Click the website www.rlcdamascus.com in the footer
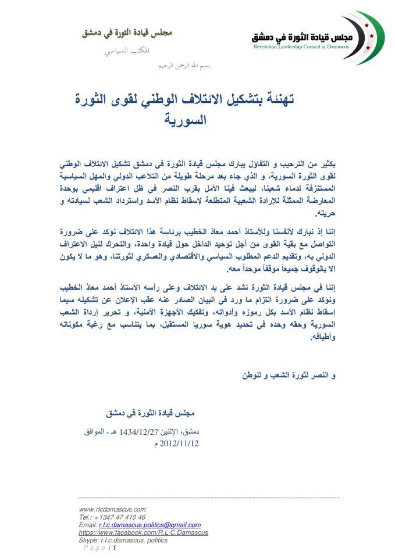(112, 509)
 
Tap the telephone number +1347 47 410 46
(112, 517)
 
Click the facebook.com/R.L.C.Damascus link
(143, 532)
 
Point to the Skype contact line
(123, 540)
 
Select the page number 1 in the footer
(115, 548)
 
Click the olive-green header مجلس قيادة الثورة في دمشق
(127, 33)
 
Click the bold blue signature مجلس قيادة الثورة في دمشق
(150, 413)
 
